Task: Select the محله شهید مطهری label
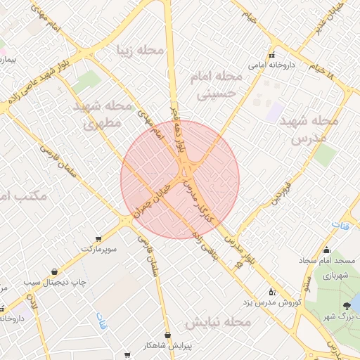click(x=103, y=114)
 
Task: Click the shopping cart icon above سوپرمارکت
click(x=98, y=239)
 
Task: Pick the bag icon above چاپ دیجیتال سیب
click(x=54, y=272)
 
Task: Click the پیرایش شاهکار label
click(x=168, y=345)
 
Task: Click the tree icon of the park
click(x=346, y=305)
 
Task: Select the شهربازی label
click(x=340, y=277)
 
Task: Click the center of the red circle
click(x=180, y=179)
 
